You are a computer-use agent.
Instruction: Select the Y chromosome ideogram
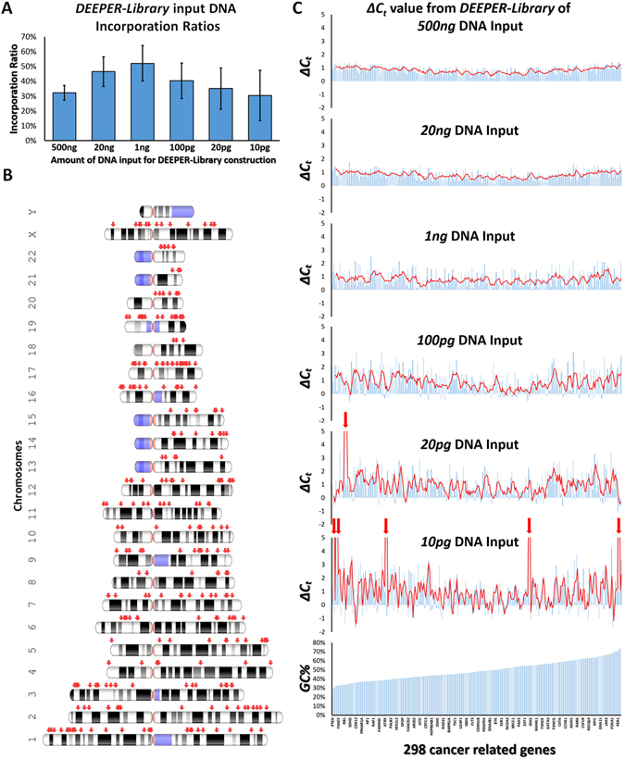[166, 212]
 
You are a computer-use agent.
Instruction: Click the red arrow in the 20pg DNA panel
[345, 420]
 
